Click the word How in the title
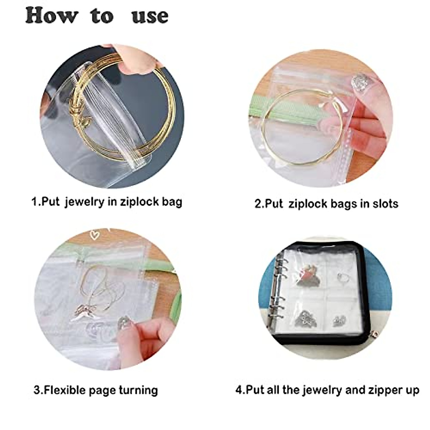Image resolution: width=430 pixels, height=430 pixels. (52, 16)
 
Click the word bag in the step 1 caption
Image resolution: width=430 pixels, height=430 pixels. (172, 202)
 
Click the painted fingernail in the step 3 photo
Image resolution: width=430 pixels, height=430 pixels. (124, 321)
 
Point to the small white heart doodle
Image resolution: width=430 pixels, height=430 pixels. (95, 235)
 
